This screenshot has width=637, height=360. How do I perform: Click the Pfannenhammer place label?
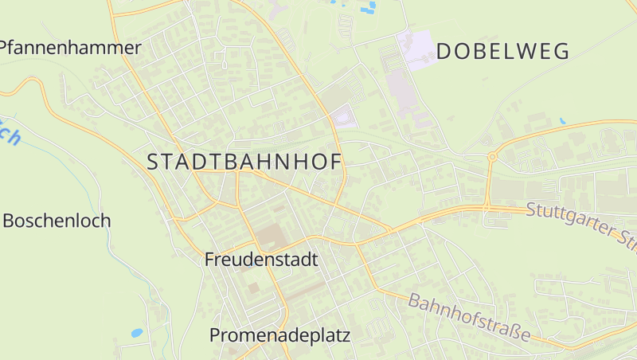70,48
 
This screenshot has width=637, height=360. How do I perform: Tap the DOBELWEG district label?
503,52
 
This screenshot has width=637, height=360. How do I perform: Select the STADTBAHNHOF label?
244,161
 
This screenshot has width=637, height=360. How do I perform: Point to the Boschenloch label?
57,221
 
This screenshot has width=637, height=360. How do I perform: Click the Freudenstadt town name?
261,259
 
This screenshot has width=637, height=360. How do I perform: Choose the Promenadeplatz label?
279,335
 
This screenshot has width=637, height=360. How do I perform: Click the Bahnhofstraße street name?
469,318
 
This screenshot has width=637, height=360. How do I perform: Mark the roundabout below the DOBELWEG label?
492,157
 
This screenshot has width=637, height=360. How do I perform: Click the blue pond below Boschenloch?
137,332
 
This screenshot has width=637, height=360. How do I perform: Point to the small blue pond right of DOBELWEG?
563,121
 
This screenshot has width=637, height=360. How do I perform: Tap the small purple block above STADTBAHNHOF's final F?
343,119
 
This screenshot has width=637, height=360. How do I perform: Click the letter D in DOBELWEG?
444,52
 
